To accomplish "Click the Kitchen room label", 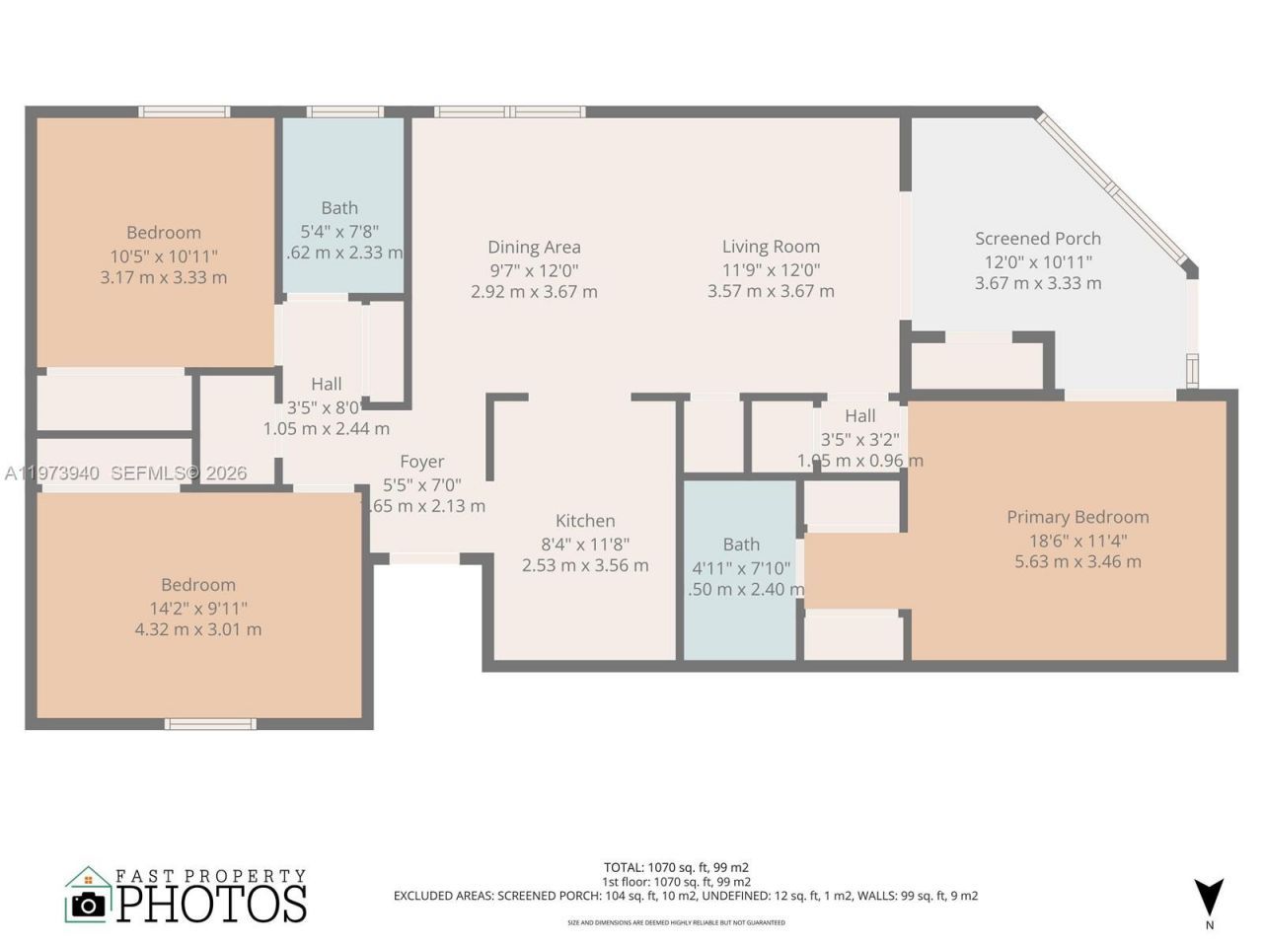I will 585,521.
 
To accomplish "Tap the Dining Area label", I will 534,248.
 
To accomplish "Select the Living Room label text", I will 771,247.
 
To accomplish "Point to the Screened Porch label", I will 1038,239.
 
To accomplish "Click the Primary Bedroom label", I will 1077,517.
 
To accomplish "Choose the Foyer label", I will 421,462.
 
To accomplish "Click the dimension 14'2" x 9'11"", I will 198,608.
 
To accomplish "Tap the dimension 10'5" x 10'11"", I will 164,256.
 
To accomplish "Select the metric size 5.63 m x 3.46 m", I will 1077,561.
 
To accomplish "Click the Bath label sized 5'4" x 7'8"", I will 339,208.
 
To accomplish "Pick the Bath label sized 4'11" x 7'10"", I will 741,545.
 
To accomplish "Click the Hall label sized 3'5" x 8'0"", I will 327,385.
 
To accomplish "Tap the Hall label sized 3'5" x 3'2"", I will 859,416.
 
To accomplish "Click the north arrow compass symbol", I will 1209,897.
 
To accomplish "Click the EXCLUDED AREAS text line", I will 686,896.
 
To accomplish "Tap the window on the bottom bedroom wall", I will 210,724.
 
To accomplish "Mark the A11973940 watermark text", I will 51,473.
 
